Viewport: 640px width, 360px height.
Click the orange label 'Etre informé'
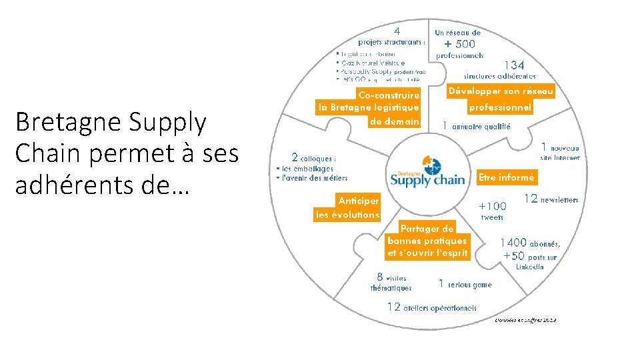coord(507,177)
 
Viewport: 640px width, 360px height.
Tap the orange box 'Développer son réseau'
coord(501,91)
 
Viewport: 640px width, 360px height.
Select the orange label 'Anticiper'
coord(359,200)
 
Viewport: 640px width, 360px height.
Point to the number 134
coord(514,65)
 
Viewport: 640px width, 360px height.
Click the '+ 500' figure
coord(460,44)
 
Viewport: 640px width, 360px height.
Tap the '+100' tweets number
coord(493,206)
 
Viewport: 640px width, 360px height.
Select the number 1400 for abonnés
coord(513,243)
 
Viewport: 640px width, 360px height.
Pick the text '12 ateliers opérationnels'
coord(432,307)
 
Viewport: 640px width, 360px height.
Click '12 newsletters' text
coord(551,199)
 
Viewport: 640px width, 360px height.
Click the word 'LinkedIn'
coord(530,267)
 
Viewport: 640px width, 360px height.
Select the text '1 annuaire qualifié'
coord(477,126)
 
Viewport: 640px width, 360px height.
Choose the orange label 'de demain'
coord(394,121)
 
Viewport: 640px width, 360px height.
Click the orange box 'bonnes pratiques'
coord(427,240)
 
